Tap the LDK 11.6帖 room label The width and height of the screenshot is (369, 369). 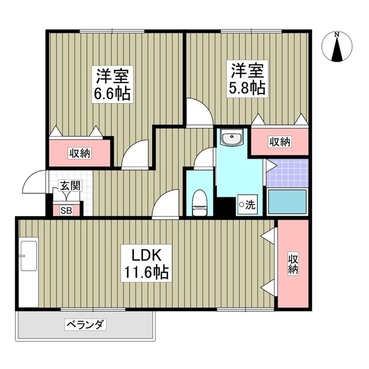pos(144,263)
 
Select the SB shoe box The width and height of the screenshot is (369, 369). pos(66,209)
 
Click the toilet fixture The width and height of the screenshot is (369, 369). pos(199,201)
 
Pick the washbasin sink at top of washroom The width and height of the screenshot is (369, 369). pos(232,139)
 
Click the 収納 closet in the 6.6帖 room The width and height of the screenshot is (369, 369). pos(80,153)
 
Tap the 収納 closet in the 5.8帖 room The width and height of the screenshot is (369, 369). pos(279,142)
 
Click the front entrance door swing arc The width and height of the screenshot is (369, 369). pos(34,183)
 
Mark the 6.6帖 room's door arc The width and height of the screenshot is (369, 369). pos(136,155)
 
